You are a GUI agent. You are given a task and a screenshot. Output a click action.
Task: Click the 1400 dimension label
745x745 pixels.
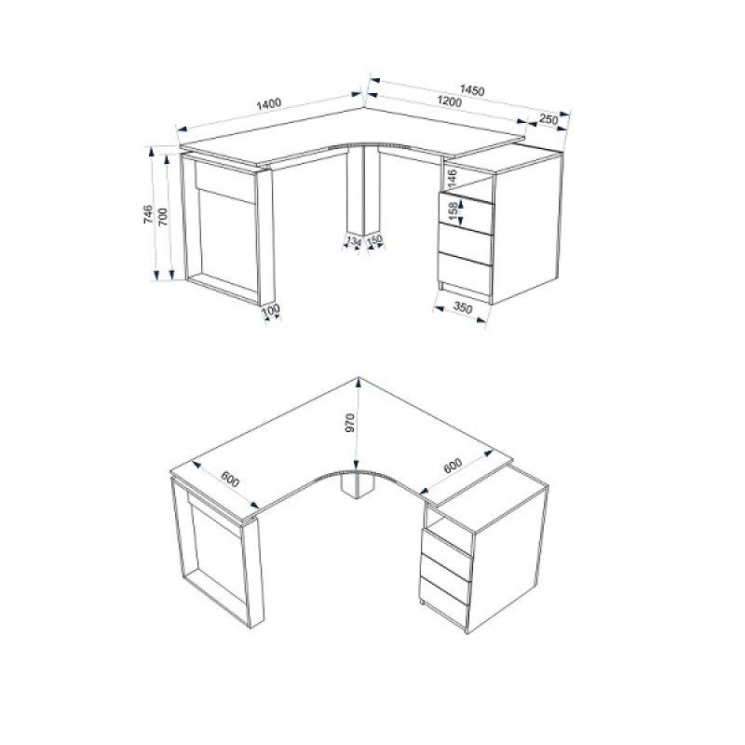tap(269, 103)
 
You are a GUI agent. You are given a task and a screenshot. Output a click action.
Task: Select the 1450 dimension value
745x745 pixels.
tap(472, 89)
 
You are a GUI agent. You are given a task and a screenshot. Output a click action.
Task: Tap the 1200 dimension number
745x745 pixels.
tap(449, 102)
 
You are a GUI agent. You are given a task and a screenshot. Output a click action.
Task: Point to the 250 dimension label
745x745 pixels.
tap(549, 119)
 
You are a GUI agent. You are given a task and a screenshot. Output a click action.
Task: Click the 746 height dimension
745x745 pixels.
tap(148, 214)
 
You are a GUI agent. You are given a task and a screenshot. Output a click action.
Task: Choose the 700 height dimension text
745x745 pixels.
tap(163, 217)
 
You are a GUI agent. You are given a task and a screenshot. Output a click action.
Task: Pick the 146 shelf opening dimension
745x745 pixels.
tap(452, 179)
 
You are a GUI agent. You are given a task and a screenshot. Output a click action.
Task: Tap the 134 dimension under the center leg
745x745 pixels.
tap(354, 242)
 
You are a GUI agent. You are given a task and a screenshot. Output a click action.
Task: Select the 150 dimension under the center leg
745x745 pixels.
tap(375, 240)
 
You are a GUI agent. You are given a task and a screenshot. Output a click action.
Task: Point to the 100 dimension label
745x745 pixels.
tap(271, 311)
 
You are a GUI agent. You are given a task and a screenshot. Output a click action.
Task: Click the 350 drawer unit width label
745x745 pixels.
tap(462, 308)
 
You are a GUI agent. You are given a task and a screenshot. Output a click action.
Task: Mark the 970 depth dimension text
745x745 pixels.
tap(350, 423)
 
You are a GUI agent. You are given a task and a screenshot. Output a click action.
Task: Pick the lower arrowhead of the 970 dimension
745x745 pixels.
tap(358, 465)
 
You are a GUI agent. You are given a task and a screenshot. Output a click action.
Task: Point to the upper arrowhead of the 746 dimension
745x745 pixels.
tap(152, 152)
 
